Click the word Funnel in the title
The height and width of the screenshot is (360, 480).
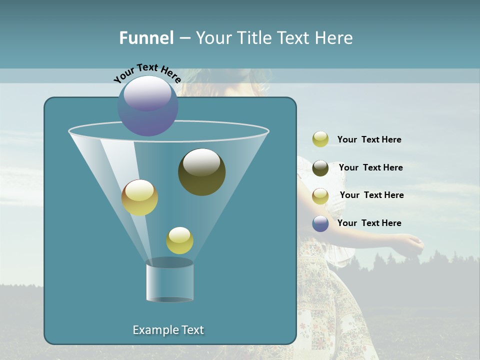146,38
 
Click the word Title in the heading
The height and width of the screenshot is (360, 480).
254,38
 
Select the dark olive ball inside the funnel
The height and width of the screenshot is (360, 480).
202,172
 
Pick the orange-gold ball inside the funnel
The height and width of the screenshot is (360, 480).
139,197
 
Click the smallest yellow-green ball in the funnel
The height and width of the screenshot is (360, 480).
179,240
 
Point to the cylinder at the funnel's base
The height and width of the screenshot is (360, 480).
169,281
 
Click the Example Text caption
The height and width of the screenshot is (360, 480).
168,330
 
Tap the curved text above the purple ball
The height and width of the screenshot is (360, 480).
147,72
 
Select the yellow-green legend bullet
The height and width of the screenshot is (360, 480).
320,139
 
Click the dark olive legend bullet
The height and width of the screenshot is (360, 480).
320,167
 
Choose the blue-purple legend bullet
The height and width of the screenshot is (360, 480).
320,223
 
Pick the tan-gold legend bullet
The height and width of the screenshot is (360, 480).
320,195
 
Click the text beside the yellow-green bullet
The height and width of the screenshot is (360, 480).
369,139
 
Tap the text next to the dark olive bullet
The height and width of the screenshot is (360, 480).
370,167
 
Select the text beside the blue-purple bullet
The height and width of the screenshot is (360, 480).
369,223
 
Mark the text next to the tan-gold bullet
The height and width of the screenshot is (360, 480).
371,195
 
